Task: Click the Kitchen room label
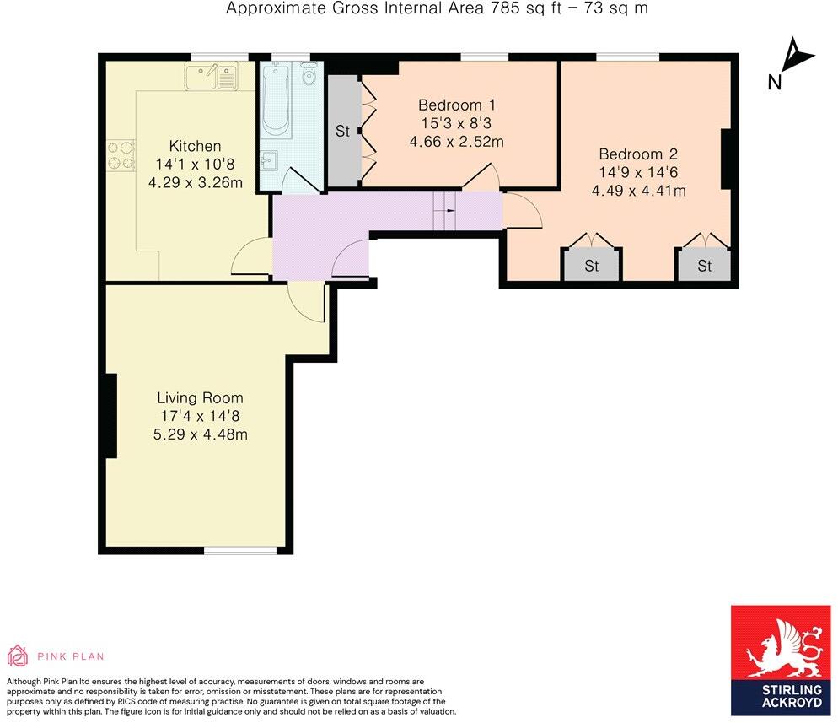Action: pos(195,146)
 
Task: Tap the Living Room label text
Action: pos(200,398)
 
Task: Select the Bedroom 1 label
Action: pos(456,105)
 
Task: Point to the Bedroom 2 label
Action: pos(638,154)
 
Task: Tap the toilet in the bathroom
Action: pos(308,76)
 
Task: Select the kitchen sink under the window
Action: pos(212,78)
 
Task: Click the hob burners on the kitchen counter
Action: pos(121,156)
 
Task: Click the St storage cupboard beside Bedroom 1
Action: pos(342,132)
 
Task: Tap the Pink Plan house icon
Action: pos(17,656)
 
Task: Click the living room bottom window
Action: pos(241,551)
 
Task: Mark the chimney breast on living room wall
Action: pos(109,416)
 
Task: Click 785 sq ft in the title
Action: pos(514,9)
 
